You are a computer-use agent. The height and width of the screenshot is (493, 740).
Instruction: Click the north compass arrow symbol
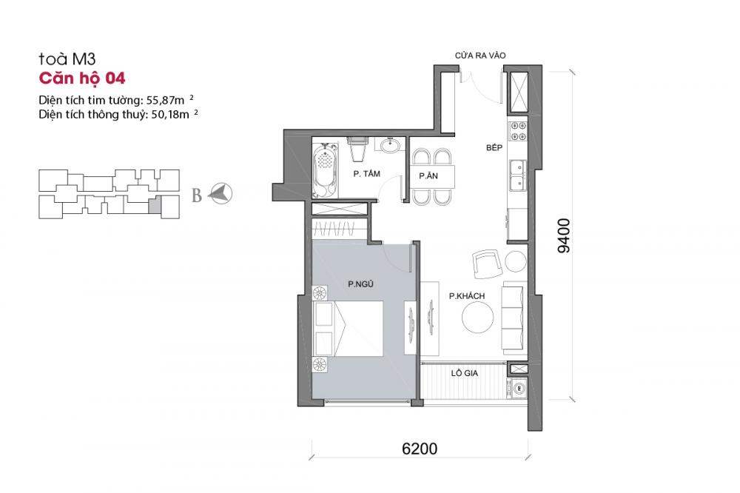coord(221,195)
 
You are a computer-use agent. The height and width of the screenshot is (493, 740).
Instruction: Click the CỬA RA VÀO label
coord(481,56)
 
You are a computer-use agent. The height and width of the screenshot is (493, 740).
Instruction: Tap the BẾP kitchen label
coord(494,148)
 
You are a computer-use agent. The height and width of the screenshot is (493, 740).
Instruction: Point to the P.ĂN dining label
coord(427,176)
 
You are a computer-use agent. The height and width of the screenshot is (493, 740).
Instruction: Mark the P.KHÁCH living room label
coord(466,296)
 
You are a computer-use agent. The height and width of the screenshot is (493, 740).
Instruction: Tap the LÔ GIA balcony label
coord(465,374)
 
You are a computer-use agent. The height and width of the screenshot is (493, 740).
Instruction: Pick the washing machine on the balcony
coord(518,387)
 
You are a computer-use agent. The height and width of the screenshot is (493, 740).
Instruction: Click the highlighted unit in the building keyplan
coord(154,205)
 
